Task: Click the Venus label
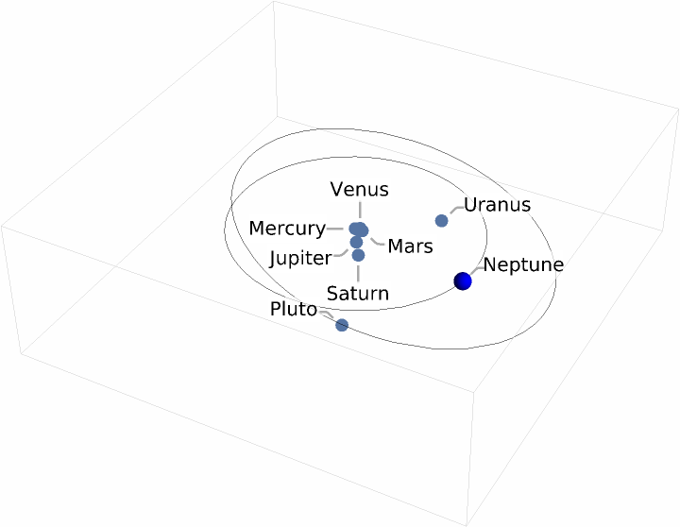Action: click(359, 189)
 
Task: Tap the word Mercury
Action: click(286, 229)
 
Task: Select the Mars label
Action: click(410, 246)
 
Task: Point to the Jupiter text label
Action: click(300, 258)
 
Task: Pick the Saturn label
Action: click(357, 293)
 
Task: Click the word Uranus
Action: click(497, 205)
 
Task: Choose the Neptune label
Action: click(523, 264)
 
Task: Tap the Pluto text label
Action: click(293, 309)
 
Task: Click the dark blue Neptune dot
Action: click(463, 280)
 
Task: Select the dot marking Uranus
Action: click(441, 221)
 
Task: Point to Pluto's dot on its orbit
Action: click(342, 325)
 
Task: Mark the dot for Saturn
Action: click(358, 255)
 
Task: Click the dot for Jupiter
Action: click(356, 242)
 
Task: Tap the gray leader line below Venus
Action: click(359, 210)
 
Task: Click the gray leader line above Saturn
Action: click(358, 272)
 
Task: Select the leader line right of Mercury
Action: click(337, 229)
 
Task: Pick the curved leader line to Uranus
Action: click(455, 209)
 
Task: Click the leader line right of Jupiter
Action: click(342, 253)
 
